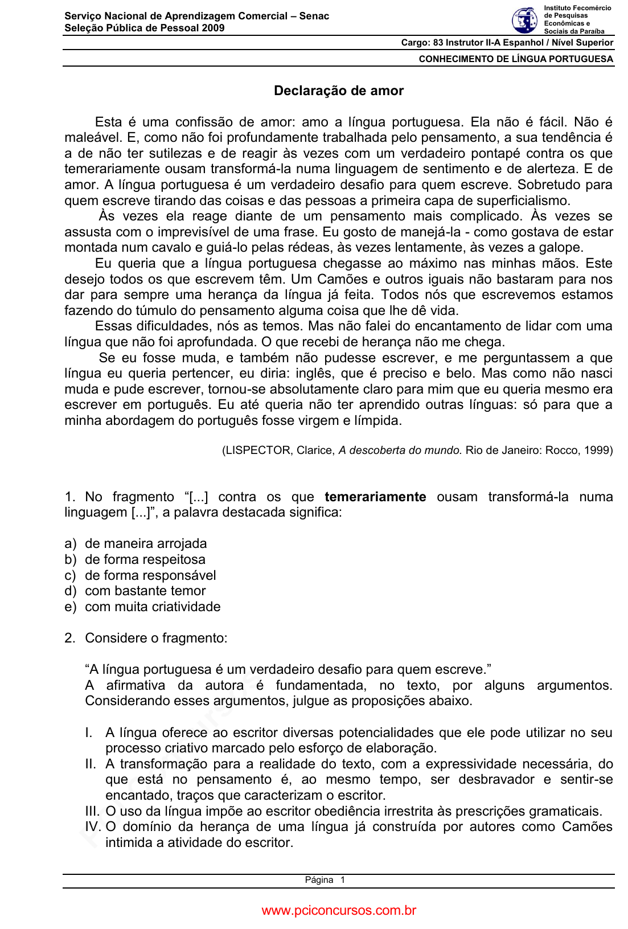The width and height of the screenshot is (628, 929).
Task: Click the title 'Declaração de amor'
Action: tap(339, 91)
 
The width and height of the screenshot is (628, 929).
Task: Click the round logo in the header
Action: tap(524, 21)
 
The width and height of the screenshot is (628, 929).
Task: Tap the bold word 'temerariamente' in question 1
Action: tap(375, 497)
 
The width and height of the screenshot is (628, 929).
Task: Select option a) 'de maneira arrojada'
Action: tap(146, 544)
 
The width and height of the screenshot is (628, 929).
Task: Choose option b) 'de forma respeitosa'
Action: tap(145, 560)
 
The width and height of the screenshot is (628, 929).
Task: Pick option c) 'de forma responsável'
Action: tap(150, 575)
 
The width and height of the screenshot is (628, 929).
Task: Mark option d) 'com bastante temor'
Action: tap(145, 591)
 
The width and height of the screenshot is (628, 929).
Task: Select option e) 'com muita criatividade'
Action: tap(153, 607)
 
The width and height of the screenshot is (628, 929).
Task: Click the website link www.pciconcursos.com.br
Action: tap(339, 911)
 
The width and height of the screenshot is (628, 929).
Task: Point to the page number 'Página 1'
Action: tap(325, 880)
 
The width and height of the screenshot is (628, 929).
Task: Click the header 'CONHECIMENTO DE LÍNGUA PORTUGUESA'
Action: tap(516, 59)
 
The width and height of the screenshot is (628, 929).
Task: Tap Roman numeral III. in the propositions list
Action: tap(92, 812)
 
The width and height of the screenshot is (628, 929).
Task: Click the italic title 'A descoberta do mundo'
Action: tap(399, 451)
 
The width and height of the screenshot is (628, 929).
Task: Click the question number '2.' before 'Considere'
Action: tap(70, 639)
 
